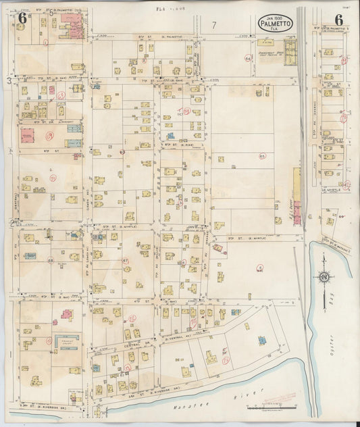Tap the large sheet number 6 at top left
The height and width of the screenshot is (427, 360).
pos(22,18)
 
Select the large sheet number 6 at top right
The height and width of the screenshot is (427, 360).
pos(337,21)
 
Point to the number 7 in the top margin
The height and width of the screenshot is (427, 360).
pos(213,25)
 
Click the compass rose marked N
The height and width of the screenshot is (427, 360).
pos(324,276)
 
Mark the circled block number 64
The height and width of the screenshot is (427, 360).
pos(248,59)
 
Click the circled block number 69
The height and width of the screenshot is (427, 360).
pos(49,134)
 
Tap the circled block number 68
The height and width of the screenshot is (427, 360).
pos(50,259)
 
